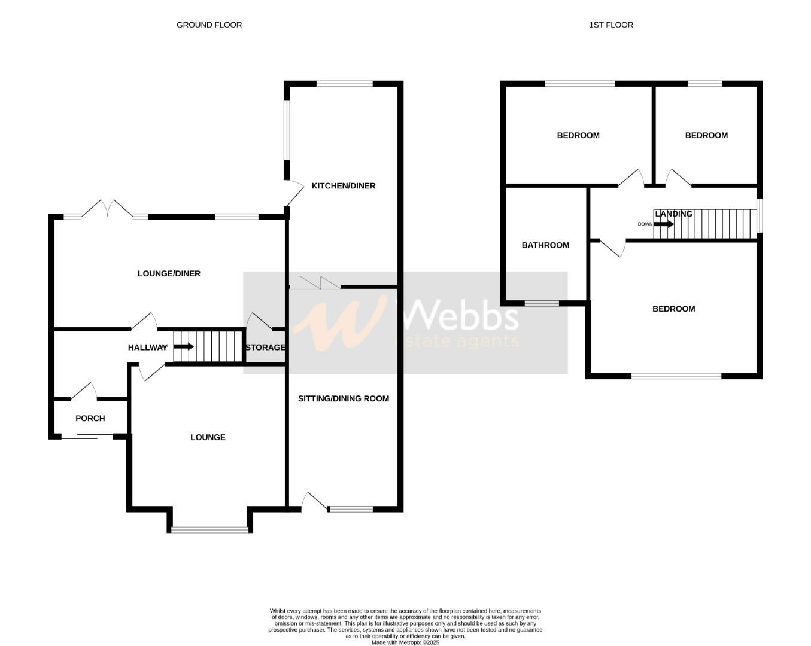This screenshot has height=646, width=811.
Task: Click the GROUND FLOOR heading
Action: [x=209, y=25]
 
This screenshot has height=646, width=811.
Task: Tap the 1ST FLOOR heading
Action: [x=611, y=25]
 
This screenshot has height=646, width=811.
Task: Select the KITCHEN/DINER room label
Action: [x=344, y=186]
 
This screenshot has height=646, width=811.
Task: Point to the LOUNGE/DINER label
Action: [x=169, y=274]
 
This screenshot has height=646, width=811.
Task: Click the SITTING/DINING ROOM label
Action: [x=344, y=398]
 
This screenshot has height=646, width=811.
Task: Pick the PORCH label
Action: [x=90, y=419]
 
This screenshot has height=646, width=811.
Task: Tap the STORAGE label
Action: [x=265, y=348]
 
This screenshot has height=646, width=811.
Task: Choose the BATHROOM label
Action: [x=545, y=245]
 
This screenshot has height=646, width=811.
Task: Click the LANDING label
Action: [x=673, y=214]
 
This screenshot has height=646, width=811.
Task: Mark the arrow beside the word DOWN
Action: [x=663, y=224]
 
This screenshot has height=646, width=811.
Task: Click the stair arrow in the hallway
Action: [x=184, y=346]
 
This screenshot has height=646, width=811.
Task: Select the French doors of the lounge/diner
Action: [x=107, y=209]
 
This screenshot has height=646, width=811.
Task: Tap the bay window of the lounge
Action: [x=209, y=529]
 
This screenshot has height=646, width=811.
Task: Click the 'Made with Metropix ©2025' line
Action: [x=405, y=642]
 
